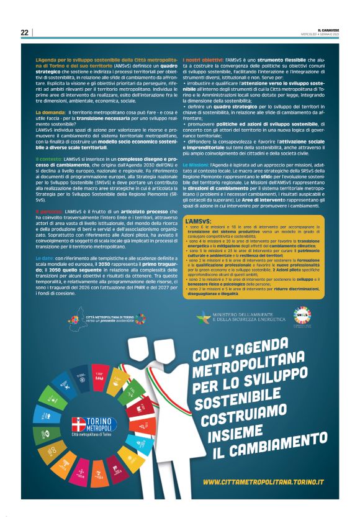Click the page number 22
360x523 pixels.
[x=24, y=32]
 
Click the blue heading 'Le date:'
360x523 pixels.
[x=45, y=256]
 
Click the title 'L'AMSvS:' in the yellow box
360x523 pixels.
[x=198, y=221]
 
